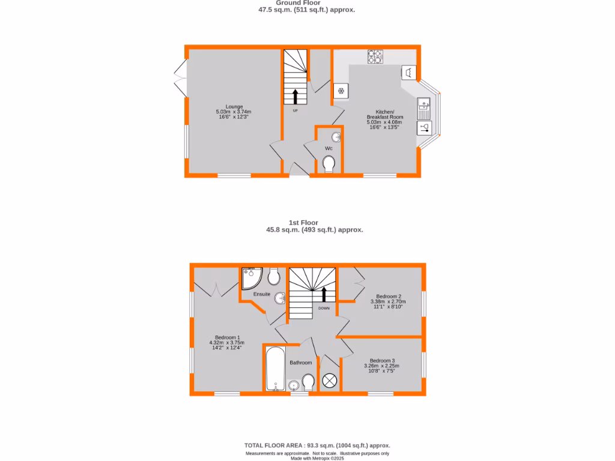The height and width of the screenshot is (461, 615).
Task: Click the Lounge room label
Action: pyautogui.click(x=234, y=107)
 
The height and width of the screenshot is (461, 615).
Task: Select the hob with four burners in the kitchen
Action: pyautogui.click(x=375, y=56)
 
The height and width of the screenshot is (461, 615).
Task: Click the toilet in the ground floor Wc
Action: pyautogui.click(x=329, y=164)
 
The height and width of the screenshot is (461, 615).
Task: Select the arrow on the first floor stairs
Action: pyautogui.click(x=324, y=294)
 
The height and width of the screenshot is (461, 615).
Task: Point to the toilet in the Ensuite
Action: pyautogui.click(x=274, y=277)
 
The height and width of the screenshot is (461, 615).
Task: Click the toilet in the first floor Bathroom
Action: pyautogui.click(x=309, y=382)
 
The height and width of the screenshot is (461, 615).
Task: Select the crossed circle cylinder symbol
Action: pyautogui.click(x=330, y=381)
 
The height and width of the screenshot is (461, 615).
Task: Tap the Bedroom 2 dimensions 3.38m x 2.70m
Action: pyautogui.click(x=389, y=302)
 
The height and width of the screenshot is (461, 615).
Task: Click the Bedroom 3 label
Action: pyautogui.click(x=382, y=361)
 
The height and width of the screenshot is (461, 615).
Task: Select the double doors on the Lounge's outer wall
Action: pyautogui.click(x=180, y=80)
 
